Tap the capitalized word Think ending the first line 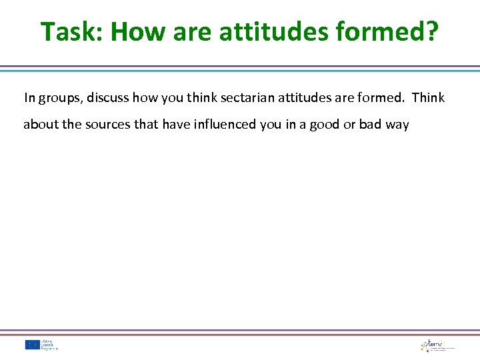428,98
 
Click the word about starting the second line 41,125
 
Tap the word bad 371,125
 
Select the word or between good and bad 349,125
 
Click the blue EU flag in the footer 31,345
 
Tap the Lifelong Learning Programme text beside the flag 49,345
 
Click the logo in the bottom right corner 437,345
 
